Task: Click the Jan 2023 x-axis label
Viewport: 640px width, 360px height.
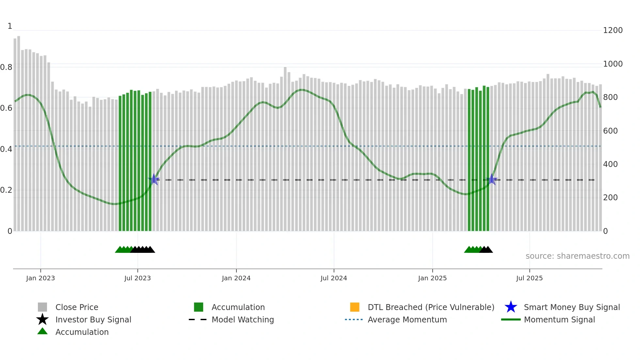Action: (40, 278)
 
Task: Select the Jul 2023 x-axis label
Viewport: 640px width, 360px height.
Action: (137, 278)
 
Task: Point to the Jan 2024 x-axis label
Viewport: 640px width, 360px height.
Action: (236, 278)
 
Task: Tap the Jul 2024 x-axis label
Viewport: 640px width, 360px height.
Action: (334, 278)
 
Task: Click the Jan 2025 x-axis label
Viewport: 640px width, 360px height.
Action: (432, 278)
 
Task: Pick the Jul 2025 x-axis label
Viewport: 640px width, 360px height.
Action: (529, 278)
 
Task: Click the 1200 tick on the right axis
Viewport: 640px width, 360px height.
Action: (613, 30)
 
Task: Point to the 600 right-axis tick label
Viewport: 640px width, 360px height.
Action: (610, 131)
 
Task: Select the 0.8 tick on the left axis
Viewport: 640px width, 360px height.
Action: (6, 67)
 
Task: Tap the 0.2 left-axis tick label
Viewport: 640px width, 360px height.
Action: (6, 190)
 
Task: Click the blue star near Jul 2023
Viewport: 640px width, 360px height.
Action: (154, 179)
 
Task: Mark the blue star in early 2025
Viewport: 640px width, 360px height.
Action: (492, 179)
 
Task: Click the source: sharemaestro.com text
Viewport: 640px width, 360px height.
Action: (577, 256)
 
